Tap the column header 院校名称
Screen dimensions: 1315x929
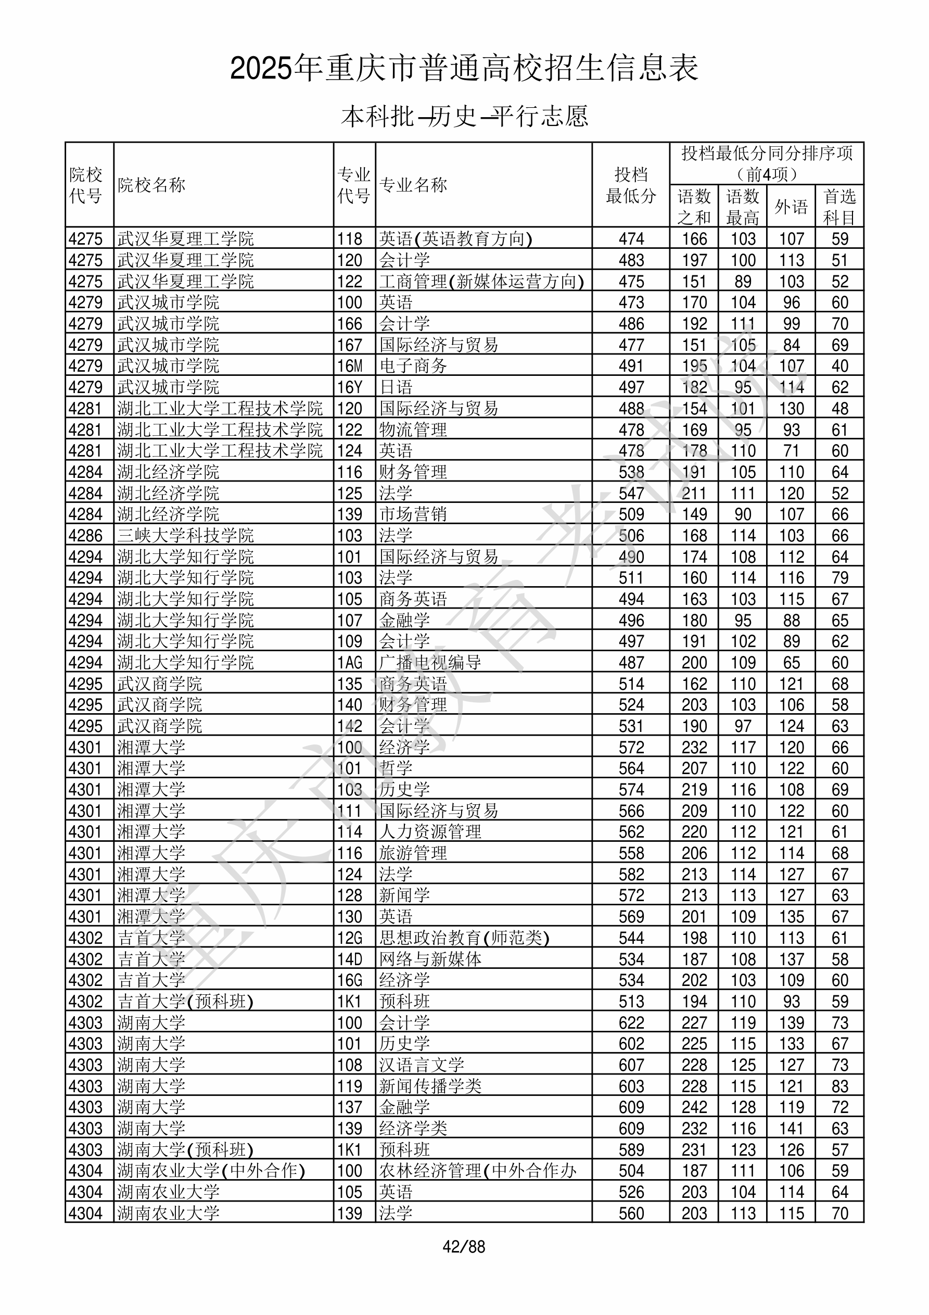(152, 185)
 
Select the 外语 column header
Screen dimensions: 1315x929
(791, 206)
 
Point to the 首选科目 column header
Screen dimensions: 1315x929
(839, 207)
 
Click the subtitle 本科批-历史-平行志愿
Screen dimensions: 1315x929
(464, 116)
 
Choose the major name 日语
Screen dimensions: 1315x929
(396, 387)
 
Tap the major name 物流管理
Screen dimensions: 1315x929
(413, 429)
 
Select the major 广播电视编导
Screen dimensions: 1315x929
(430, 663)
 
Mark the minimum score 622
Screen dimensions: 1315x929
(631, 1023)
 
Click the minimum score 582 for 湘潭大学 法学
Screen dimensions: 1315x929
(631, 875)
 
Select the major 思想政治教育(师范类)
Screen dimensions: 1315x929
(464, 938)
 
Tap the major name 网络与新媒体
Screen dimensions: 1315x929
(430, 959)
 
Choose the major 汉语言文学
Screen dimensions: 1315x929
(422, 1065)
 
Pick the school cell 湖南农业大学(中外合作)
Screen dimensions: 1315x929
(211, 1171)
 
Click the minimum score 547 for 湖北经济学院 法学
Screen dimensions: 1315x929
(631, 493)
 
